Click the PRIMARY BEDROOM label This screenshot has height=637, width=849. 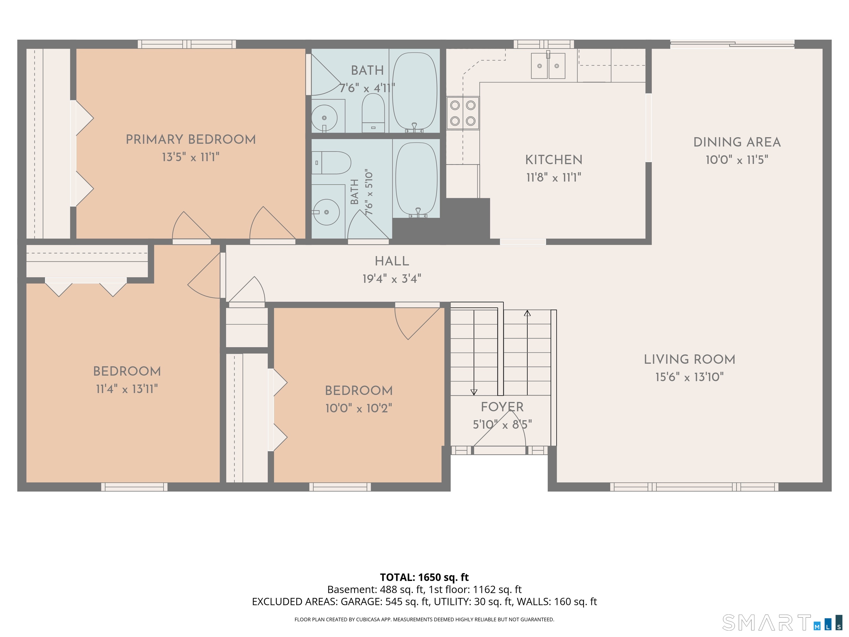pos(191,139)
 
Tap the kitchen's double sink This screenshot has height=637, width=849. pos(548,66)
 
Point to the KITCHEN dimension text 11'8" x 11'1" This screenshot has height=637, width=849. pos(554,177)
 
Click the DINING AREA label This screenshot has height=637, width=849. pos(737,142)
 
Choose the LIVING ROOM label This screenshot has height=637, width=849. pos(690,359)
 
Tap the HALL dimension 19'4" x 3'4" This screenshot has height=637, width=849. pos(392,278)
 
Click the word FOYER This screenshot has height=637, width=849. pos(502,407)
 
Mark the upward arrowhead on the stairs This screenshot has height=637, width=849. pos(527,313)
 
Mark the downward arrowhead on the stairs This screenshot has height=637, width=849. pos(474,392)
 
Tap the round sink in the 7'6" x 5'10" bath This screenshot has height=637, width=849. pos(326,212)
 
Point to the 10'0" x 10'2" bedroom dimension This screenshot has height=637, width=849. pos(359,408)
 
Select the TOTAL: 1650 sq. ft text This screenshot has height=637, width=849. pos(424,577)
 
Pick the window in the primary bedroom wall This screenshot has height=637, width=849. pos(187,44)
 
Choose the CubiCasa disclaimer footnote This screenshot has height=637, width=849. pos(424,619)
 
